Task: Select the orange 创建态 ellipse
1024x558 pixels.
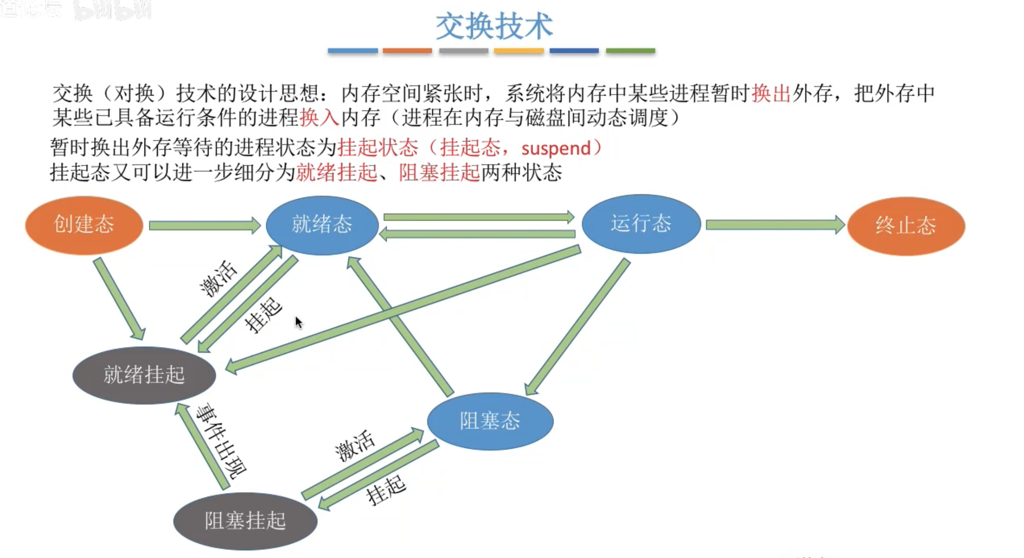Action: point(84,225)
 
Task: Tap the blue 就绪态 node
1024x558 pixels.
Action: point(322,225)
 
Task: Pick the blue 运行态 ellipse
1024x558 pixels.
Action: point(641,224)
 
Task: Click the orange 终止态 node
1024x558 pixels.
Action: point(906,226)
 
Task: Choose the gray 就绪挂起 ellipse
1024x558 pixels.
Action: point(144,375)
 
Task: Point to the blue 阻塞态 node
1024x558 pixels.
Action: point(490,421)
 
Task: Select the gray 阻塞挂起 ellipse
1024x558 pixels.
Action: point(245,521)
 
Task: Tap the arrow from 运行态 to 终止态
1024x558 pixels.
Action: point(774,225)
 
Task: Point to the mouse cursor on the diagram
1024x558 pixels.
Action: point(298,322)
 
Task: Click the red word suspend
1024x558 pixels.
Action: point(556,149)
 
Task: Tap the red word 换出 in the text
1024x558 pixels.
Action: point(771,93)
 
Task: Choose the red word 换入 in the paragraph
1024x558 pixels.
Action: point(319,117)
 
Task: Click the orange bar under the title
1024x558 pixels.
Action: point(407,51)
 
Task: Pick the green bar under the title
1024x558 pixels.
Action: point(630,51)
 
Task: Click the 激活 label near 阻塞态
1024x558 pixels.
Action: point(354,446)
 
